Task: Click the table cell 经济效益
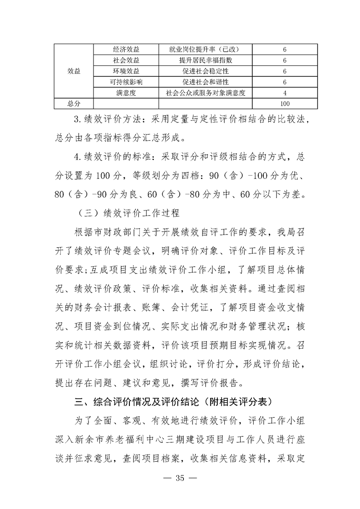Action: click(126, 49)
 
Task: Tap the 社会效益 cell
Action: click(126, 60)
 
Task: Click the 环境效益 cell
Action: click(126, 71)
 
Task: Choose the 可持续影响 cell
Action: click(126, 82)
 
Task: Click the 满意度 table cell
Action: click(126, 93)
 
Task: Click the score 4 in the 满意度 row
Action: click(284, 93)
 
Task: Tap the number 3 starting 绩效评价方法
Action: click(76, 120)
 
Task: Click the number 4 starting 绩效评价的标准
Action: click(76, 158)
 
